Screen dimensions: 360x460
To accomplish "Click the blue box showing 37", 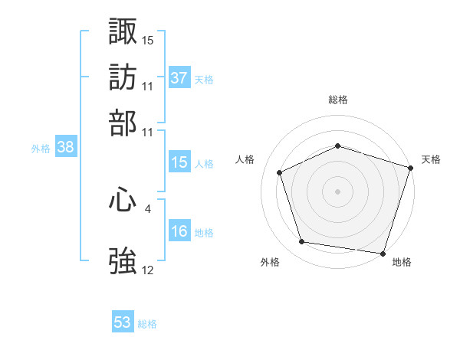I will point(179,78).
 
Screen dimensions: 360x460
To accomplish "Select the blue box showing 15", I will point(179,162).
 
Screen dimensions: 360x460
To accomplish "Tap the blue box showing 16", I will point(179,232).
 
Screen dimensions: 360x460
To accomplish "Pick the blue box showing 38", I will point(65,149).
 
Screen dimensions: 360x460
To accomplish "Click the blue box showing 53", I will point(123,322).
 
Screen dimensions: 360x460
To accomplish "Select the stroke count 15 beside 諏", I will point(148,39).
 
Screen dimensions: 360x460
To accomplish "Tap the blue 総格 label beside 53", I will point(147,324).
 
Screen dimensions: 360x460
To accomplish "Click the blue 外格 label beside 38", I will point(41,149).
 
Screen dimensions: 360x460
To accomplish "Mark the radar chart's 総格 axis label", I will point(337,100).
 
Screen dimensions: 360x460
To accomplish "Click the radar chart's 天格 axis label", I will point(431,159).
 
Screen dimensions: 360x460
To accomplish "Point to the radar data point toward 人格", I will point(280,172).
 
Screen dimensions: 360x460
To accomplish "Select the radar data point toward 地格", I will point(382,252).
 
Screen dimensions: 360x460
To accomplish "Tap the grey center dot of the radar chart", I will point(337,191).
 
